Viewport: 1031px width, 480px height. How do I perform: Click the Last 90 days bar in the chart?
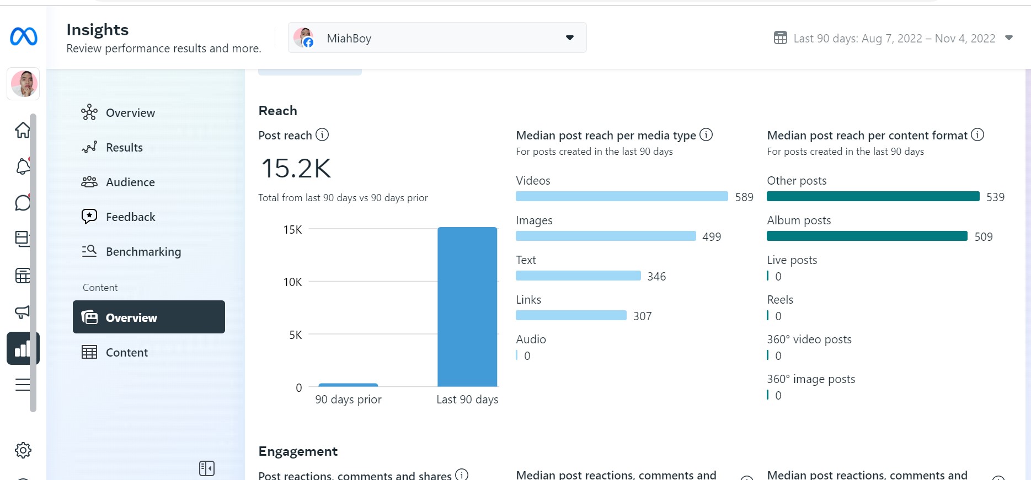[x=467, y=307]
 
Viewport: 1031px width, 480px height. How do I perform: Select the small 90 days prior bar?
[x=348, y=385]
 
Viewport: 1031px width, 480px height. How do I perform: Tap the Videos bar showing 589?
[x=622, y=196]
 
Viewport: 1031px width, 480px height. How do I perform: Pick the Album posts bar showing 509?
[x=867, y=236]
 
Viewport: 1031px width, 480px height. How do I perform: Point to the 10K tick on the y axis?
[x=293, y=282]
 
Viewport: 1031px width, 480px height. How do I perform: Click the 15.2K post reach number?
[x=296, y=168]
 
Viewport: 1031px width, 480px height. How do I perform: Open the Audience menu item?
[x=130, y=182]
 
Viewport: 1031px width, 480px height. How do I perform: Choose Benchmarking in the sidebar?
[x=143, y=252]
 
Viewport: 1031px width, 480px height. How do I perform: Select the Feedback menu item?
[x=131, y=217]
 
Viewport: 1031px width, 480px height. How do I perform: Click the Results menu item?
[x=124, y=148]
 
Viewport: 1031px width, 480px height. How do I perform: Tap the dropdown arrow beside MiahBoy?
[x=570, y=38]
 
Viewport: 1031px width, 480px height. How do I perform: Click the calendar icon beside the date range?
[x=781, y=38]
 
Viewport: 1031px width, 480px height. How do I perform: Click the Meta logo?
[x=24, y=37]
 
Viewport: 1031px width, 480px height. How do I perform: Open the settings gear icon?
[x=23, y=450]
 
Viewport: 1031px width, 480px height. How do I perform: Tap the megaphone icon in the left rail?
[x=23, y=312]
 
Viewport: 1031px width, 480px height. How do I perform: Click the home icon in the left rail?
[x=23, y=130]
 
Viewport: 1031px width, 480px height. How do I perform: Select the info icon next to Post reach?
[x=322, y=134]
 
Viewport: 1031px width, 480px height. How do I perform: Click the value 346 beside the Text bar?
[x=656, y=277]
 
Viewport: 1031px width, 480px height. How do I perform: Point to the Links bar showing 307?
[x=571, y=315]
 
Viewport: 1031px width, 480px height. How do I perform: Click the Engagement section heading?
[x=298, y=451]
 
